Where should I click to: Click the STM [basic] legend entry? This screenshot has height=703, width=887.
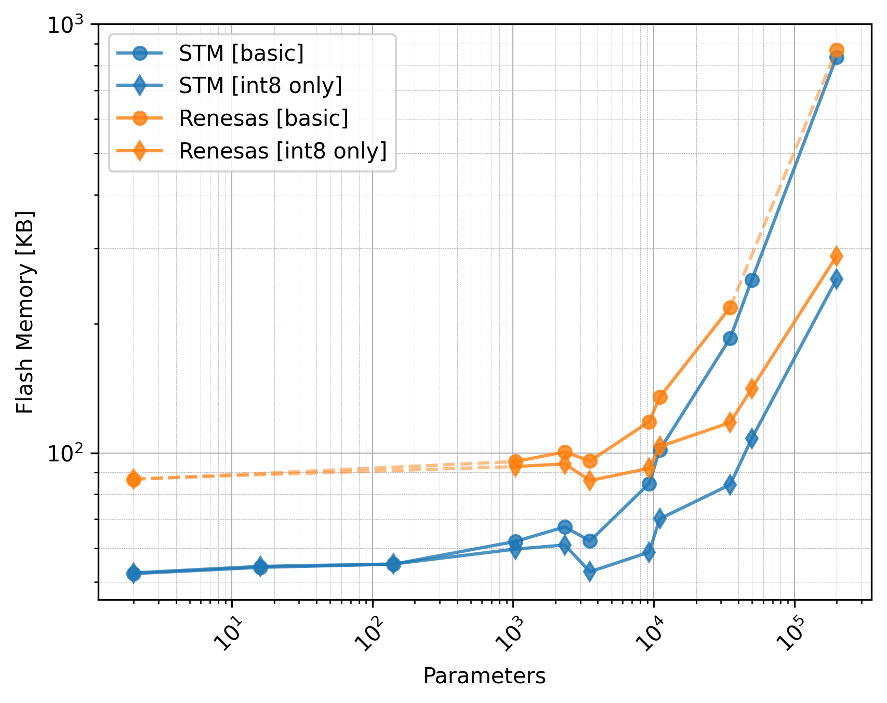[241, 53]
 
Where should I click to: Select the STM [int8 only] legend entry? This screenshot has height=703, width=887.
[260, 86]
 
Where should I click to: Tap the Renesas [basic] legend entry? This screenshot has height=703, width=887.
[263, 118]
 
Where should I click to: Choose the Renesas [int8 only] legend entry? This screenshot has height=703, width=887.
[283, 151]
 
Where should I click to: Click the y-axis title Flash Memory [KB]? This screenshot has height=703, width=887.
[25, 312]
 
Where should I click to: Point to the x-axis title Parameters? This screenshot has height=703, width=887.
[484, 676]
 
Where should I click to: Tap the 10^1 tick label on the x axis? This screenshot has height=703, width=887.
[229, 634]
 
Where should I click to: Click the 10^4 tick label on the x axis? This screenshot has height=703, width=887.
[651, 634]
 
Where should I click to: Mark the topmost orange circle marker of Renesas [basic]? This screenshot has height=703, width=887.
[837, 50]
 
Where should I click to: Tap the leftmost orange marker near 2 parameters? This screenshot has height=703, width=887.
[134, 479]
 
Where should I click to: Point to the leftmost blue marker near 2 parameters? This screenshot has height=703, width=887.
[134, 574]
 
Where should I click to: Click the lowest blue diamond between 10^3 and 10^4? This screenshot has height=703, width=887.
[590, 572]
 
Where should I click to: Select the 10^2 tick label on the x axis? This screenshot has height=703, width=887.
[370, 634]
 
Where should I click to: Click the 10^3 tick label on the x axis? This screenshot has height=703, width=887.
[510, 634]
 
